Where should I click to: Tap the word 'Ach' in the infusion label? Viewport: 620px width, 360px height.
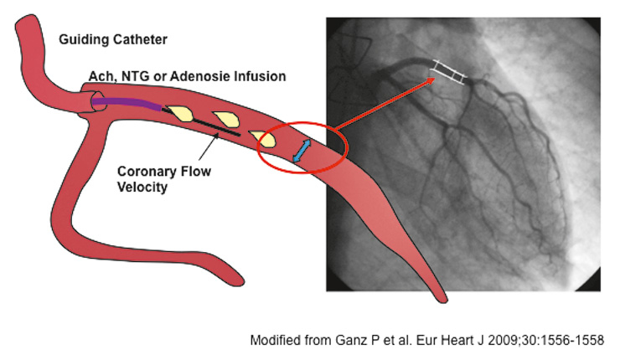point(101,76)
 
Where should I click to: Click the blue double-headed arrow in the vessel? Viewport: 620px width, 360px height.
point(301,151)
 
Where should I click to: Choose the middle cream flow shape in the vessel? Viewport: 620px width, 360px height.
point(225,121)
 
